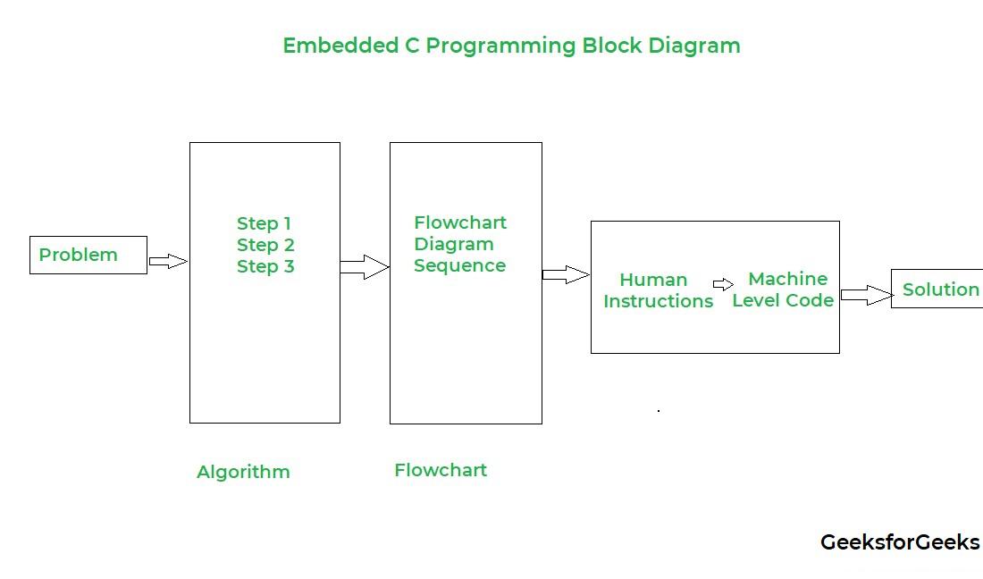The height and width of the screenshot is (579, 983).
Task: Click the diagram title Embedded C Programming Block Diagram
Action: [x=511, y=46]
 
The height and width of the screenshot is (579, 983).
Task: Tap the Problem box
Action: [x=88, y=255]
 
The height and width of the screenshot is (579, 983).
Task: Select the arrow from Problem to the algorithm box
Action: [x=168, y=261]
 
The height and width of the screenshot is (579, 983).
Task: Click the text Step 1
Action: [x=265, y=223]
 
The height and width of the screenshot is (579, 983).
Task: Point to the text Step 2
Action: [x=265, y=245]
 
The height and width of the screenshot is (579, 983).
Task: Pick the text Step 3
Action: [x=265, y=266]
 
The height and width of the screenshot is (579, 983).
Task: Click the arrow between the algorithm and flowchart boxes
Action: [x=365, y=266]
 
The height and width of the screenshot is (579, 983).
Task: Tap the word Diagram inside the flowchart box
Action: [x=454, y=244]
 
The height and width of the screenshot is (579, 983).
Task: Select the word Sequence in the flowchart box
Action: [x=459, y=265]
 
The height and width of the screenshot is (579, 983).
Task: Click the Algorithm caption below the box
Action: [x=243, y=472]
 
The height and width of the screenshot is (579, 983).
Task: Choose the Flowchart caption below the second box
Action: [x=441, y=470]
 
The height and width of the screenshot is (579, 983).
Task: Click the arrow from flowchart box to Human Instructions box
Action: [x=566, y=274]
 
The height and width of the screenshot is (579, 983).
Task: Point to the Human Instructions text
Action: [x=658, y=290]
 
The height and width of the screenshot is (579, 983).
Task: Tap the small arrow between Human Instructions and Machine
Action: [x=724, y=285]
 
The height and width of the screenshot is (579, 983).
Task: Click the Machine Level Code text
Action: [x=784, y=289]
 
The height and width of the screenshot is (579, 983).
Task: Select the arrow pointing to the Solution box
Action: [x=866, y=295]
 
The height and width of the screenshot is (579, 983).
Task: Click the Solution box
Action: [x=938, y=289]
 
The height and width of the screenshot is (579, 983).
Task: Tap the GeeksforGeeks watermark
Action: [x=900, y=542]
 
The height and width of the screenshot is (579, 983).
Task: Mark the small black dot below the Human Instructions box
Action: [x=659, y=410]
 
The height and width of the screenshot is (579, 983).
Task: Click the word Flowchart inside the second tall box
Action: [x=460, y=222]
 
